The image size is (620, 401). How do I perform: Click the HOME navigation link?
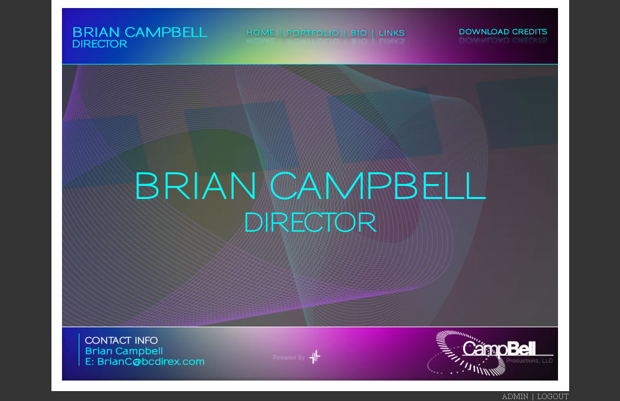click(260, 33)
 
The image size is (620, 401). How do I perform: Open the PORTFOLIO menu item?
click(312, 33)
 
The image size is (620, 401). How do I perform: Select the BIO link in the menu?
click(358, 33)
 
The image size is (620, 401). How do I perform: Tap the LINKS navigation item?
click(391, 33)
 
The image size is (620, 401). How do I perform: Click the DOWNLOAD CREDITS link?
click(503, 32)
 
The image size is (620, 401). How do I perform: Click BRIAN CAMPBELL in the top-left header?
click(139, 32)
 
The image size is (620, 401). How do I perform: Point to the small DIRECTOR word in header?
click(99, 45)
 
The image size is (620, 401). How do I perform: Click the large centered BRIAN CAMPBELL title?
click(310, 185)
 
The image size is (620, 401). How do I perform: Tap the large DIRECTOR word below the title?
click(310, 223)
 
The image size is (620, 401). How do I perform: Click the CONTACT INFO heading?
click(121, 340)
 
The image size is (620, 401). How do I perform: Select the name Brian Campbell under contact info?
click(124, 351)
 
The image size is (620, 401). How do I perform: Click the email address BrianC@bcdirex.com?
click(144, 361)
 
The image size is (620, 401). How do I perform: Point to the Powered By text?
click(288, 358)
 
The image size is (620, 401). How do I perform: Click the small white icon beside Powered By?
click(315, 356)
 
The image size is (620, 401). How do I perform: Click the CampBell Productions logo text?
click(499, 348)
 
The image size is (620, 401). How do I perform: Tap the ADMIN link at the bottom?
click(515, 397)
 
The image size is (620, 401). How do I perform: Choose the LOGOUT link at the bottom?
click(552, 397)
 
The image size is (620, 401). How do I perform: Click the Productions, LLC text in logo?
click(529, 360)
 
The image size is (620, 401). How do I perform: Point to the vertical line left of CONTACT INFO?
click(79, 350)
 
